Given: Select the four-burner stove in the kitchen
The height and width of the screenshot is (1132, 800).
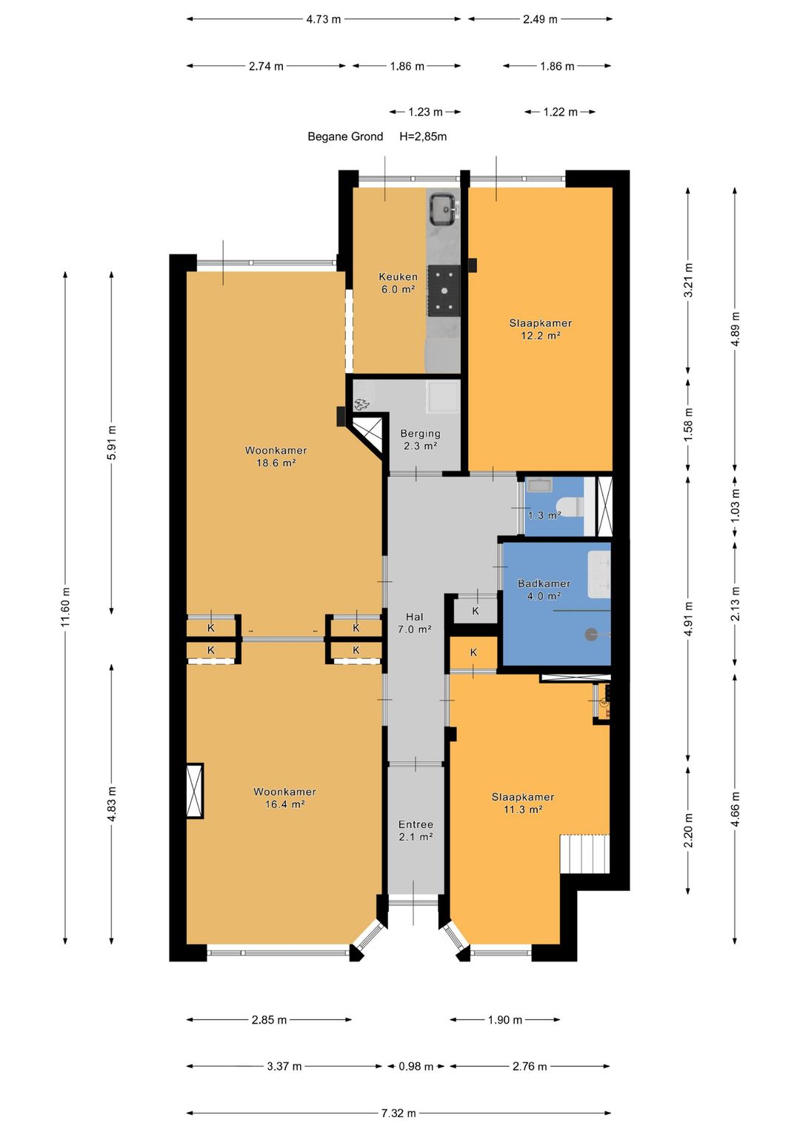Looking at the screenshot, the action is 444,291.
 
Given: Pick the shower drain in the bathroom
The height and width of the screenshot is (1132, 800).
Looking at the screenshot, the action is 590,634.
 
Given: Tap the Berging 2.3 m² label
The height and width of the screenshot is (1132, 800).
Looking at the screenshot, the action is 420,440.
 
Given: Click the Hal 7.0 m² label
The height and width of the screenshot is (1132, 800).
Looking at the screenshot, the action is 415,623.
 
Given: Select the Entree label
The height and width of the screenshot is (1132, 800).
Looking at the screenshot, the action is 416,824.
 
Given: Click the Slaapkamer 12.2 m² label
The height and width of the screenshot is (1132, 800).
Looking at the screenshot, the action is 541,329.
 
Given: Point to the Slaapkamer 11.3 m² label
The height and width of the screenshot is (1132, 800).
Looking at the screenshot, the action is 523,803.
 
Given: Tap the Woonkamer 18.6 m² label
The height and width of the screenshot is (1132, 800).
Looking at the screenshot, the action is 276,457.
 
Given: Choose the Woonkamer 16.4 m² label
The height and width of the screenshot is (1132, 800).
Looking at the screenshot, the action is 285,798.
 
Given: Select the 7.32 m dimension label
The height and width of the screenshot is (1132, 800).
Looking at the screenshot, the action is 399,1112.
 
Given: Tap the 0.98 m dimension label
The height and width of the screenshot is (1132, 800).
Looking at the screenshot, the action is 416,1066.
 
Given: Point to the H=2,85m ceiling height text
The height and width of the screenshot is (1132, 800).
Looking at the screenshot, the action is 423,136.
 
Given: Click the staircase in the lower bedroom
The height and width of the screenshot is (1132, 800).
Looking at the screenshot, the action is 584,853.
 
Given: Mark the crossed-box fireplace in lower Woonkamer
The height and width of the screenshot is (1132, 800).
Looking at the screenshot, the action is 194,790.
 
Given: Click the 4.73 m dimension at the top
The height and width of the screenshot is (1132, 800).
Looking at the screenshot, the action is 324,19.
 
